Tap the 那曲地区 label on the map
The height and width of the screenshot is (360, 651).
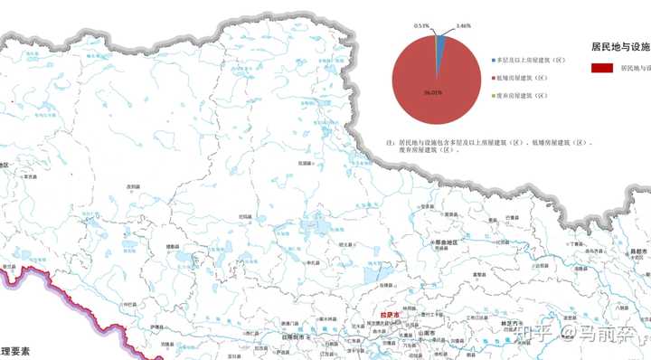point(442,242)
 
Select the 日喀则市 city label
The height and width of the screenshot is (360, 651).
point(296,336)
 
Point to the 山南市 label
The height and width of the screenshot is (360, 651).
point(426,333)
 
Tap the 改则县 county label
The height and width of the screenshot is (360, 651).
point(133,186)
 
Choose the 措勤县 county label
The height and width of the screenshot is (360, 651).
point(172,246)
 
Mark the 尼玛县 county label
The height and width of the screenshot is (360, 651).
point(244,217)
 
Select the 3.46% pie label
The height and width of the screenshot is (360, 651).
point(464,27)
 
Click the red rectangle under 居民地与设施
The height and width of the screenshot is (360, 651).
point(602,68)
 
